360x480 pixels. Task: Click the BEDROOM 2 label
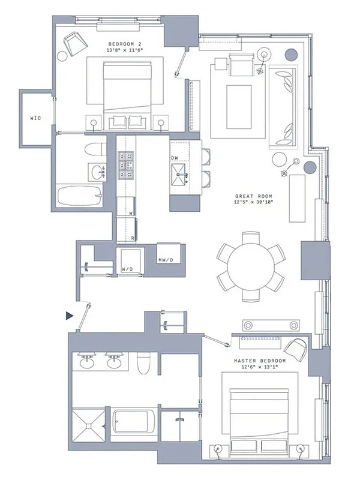tap(125, 44)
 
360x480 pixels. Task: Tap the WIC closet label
tap(35, 118)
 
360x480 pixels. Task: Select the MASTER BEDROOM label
tap(259, 361)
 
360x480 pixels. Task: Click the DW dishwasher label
tap(175, 158)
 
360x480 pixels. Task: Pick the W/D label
tap(127, 269)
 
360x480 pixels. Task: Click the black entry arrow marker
tap(70, 315)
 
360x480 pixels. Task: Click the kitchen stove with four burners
tap(126, 164)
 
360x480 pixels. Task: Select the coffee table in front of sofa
tap(238, 107)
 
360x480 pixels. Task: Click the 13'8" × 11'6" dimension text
tap(125, 51)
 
